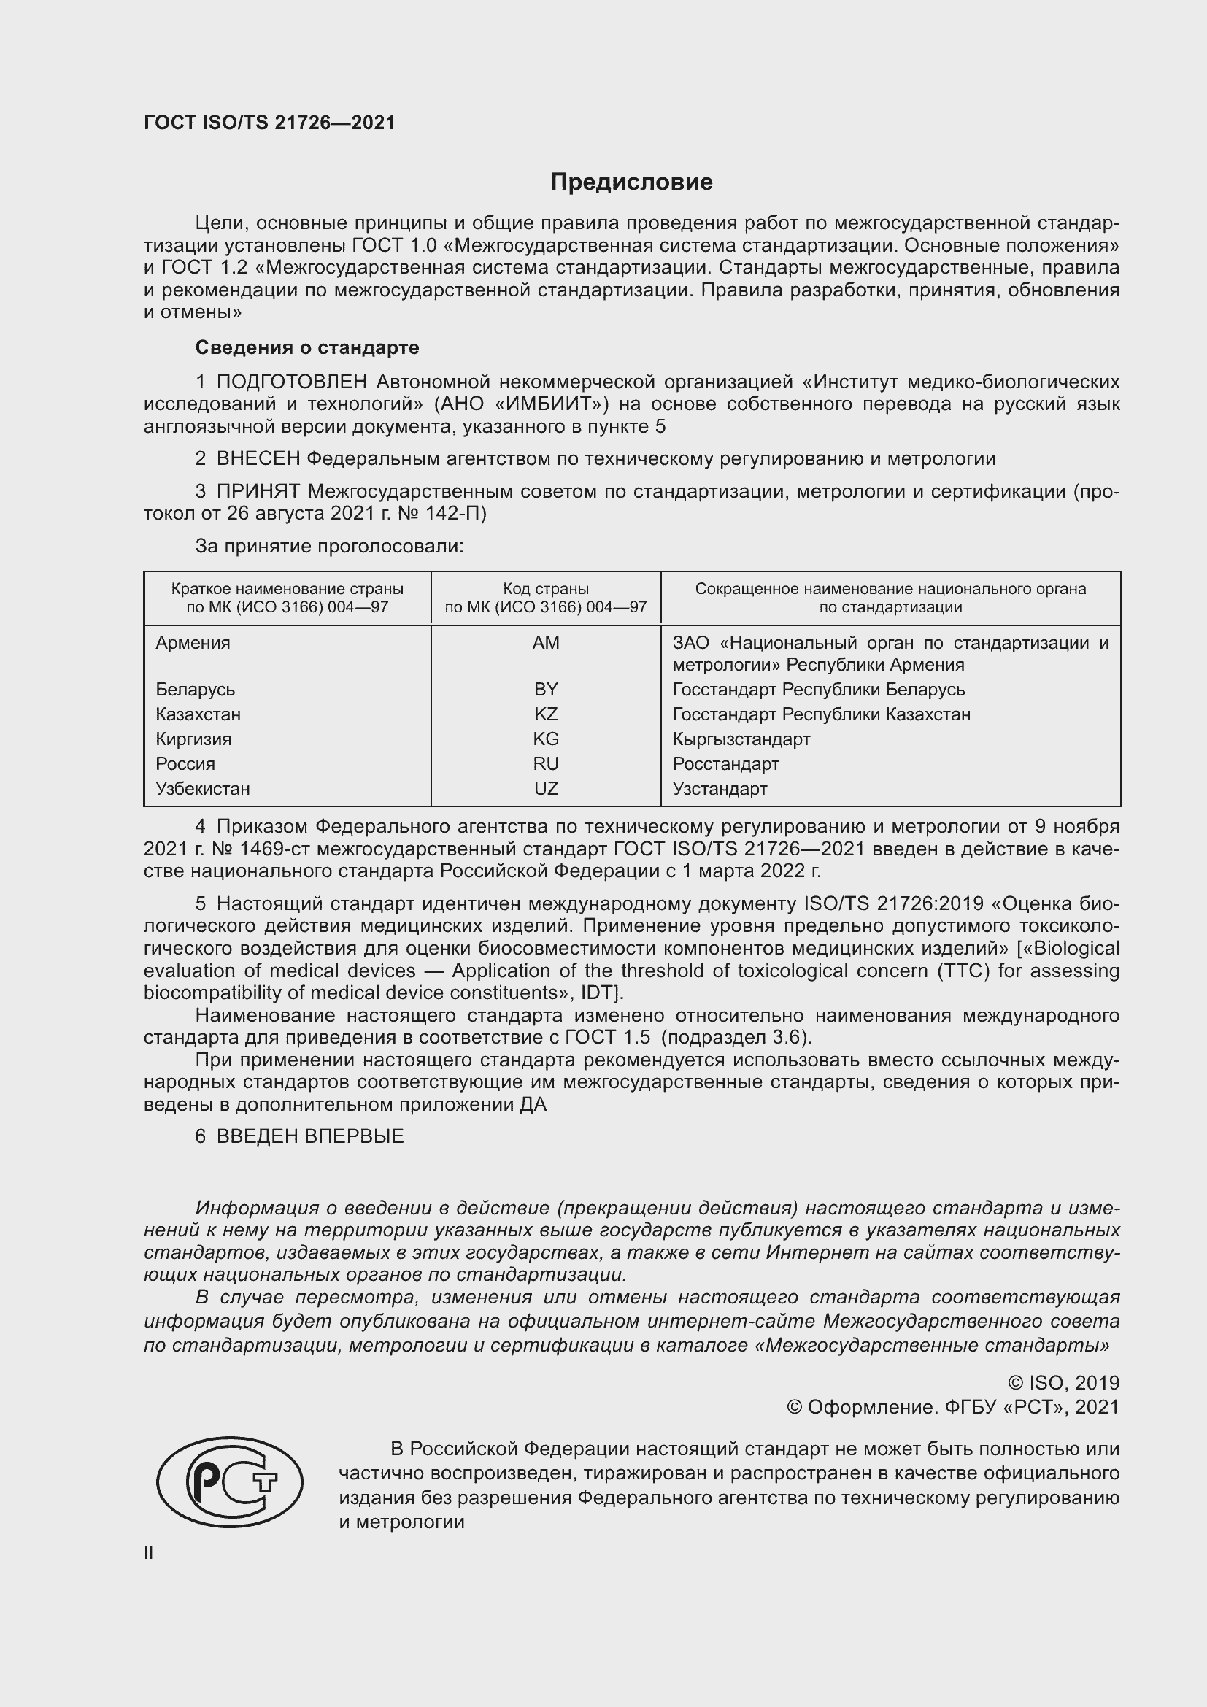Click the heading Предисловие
[x=631, y=182]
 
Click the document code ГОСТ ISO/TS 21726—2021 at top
[x=269, y=123]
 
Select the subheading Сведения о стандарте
[x=307, y=347]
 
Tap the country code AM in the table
[x=546, y=642]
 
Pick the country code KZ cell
[x=546, y=714]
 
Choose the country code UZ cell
[x=546, y=788]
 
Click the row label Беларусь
[x=195, y=689]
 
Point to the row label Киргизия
[x=193, y=739]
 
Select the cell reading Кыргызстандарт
[x=741, y=739]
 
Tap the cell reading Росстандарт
[x=725, y=763]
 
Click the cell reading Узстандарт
[x=720, y=788]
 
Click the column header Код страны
[x=546, y=589]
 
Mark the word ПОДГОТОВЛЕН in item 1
[x=291, y=382]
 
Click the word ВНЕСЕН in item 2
[x=257, y=459]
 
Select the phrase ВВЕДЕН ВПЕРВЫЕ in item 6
[x=310, y=1137]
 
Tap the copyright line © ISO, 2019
[x=1063, y=1383]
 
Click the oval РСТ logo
[x=230, y=1481]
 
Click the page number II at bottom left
[x=149, y=1552]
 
